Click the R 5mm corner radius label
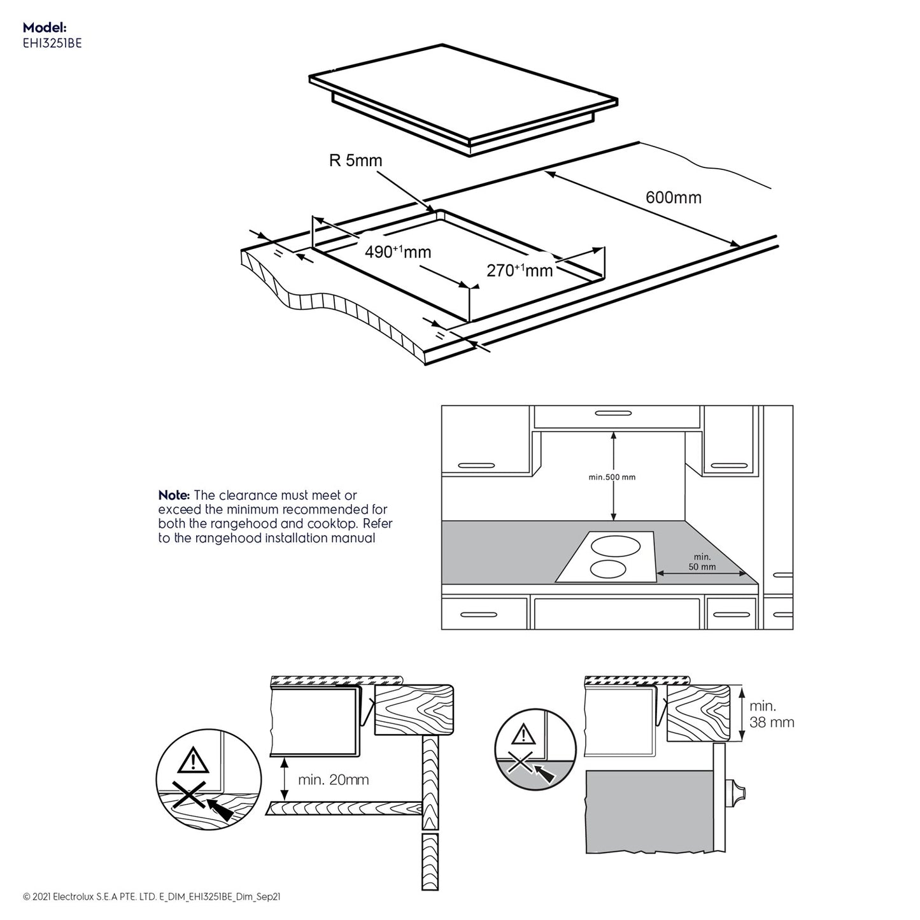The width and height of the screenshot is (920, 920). coord(355,160)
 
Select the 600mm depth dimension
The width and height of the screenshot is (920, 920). coord(673,197)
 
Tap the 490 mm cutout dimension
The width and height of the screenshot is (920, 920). coord(397,252)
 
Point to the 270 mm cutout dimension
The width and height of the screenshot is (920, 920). coord(520,271)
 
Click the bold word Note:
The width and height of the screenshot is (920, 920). coord(174,495)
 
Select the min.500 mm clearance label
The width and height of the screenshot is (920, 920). coord(612,477)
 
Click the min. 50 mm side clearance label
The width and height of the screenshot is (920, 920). coord(702,562)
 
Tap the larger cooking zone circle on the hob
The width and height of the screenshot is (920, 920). coord(615,546)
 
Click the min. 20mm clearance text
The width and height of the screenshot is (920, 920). coord(333,780)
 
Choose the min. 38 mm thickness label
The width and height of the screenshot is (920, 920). coord(771,714)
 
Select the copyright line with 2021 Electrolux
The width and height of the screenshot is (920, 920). coord(152,897)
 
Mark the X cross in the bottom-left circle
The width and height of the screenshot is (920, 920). coord(190,796)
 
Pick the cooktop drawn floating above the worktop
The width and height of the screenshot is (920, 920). coord(464,97)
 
